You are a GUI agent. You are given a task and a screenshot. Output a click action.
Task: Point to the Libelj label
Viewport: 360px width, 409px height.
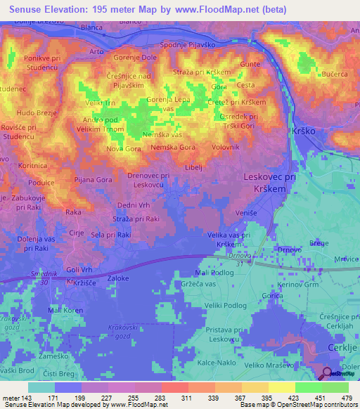tap(193, 167)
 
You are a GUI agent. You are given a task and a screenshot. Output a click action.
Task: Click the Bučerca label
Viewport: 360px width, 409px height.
tap(334, 73)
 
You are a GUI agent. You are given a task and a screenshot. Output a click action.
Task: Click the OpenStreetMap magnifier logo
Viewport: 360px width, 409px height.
tap(328, 373)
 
